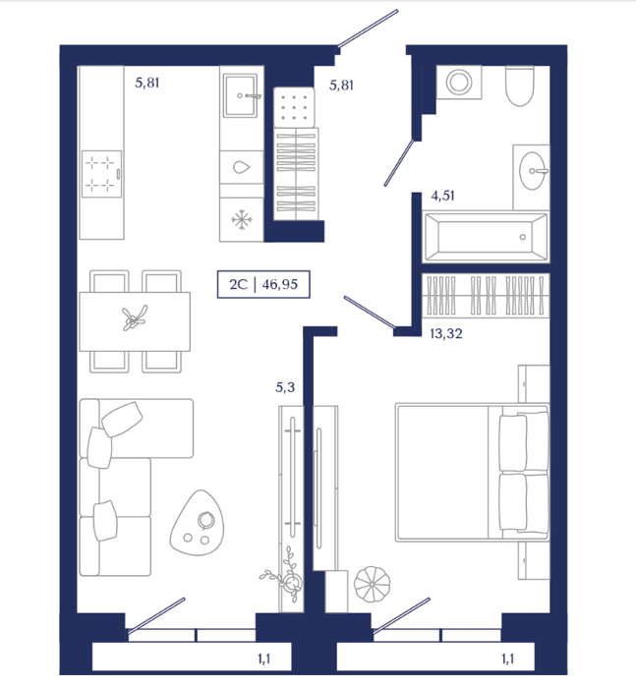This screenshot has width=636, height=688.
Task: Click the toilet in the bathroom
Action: (x=520, y=86)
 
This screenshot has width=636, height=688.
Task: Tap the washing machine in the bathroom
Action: (x=459, y=82)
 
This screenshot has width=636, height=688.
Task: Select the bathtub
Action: (x=486, y=237)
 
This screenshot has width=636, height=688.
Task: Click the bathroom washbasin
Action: (x=533, y=171)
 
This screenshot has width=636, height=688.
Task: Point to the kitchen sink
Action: (x=240, y=95)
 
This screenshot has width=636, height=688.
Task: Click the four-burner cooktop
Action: (x=101, y=174)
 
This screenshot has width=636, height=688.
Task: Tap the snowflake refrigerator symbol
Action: (x=242, y=219)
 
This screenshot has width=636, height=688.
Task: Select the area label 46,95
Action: (x=279, y=284)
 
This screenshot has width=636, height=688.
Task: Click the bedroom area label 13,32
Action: (x=446, y=334)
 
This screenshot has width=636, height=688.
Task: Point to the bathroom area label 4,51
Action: (x=443, y=196)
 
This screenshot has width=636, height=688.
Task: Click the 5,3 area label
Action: (x=285, y=387)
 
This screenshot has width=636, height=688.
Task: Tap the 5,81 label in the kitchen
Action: (x=147, y=83)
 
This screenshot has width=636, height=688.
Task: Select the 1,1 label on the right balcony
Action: (x=508, y=659)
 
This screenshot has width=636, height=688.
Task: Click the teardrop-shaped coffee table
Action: (x=197, y=523)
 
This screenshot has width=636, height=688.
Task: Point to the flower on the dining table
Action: (x=134, y=318)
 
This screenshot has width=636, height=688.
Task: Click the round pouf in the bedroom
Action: (x=372, y=585)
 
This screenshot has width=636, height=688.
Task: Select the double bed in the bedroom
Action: (x=472, y=473)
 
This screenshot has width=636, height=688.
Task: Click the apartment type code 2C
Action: (x=238, y=284)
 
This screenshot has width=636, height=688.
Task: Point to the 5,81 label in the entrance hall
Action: (x=341, y=86)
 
